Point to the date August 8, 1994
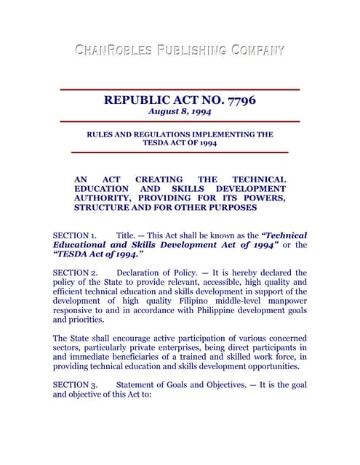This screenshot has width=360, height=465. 180,112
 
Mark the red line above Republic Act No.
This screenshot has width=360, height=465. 180,89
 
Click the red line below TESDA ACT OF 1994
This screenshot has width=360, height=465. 180,152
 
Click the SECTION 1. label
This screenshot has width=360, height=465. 75,235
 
